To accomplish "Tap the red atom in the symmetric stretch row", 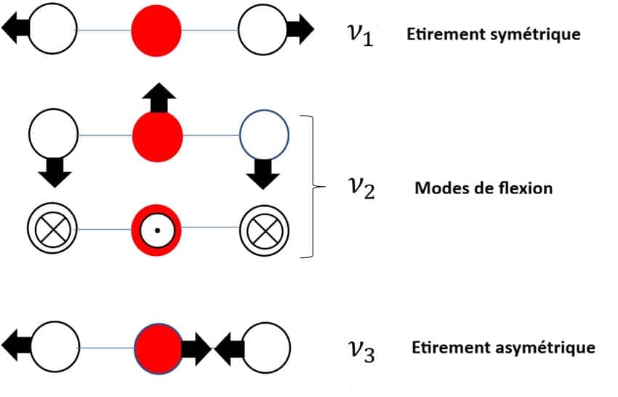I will click(x=156, y=30).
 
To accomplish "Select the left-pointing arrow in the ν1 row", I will click(x=16, y=28).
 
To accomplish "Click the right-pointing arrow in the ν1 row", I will click(x=300, y=29).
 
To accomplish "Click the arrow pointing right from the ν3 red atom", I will click(x=196, y=348).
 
